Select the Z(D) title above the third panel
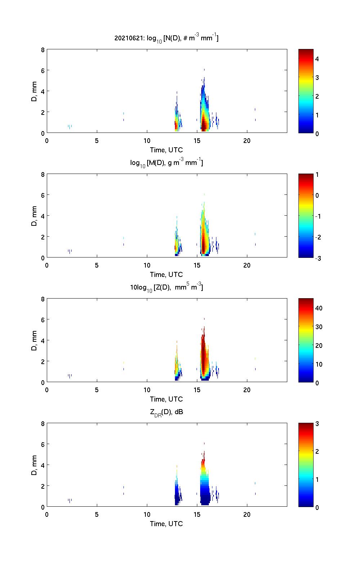click(166, 287)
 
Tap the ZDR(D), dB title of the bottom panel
click(166, 412)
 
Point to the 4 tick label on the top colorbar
click(317, 59)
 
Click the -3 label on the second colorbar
click(318, 258)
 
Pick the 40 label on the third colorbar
click(319, 308)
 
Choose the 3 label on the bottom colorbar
click(317, 424)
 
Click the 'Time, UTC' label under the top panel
click(166, 150)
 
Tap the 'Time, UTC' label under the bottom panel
click(166, 524)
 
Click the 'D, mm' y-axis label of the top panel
click(35, 91)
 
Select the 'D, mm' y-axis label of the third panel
click(35, 341)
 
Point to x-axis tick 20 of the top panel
click(247, 140)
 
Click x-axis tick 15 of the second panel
click(197, 265)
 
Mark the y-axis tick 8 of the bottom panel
click(42, 424)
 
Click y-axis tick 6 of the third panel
click(42, 320)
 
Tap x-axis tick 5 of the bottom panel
click(97, 514)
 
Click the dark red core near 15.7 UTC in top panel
click(204, 126)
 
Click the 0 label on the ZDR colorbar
click(317, 507)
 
